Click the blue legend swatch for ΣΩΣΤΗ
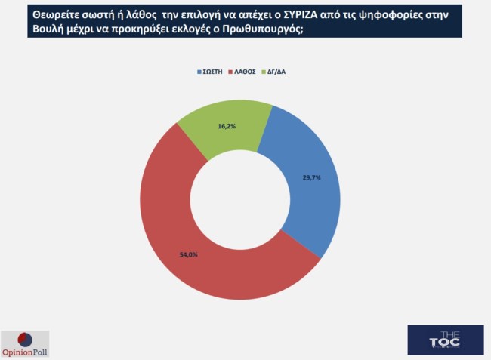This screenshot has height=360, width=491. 199,72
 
